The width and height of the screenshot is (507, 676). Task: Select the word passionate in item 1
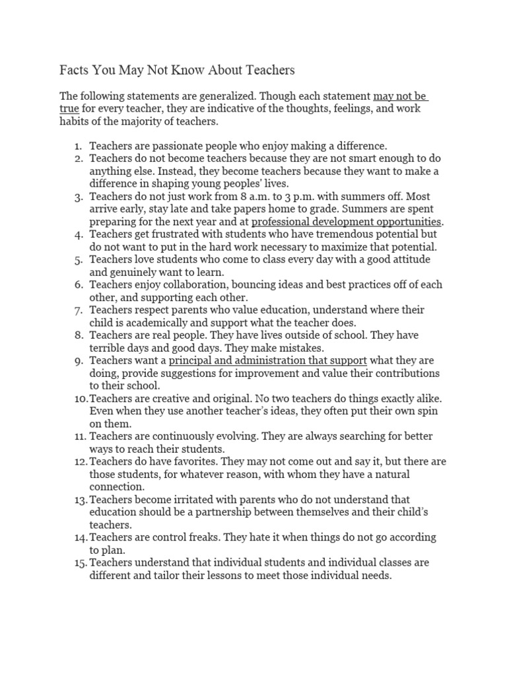click(x=167, y=146)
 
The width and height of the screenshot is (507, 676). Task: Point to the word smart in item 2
click(x=333, y=159)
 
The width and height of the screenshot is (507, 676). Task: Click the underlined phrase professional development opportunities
click(x=347, y=221)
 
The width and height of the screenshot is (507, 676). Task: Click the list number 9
click(x=79, y=360)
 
